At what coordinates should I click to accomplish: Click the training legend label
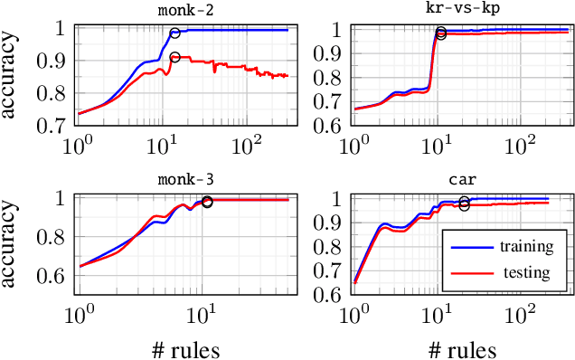click(523, 245)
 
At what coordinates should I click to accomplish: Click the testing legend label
click(525, 271)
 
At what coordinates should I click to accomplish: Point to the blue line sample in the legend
click(466, 245)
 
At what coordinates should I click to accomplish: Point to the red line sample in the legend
click(466, 271)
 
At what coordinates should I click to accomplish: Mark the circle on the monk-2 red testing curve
click(174, 58)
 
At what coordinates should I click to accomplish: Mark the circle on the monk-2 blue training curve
click(175, 33)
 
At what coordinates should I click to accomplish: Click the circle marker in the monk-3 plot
click(207, 202)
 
